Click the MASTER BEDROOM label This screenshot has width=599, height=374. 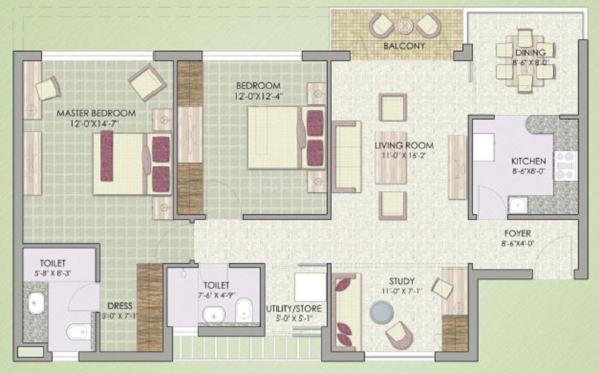(x=96, y=113)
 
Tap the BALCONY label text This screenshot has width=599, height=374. (x=404, y=46)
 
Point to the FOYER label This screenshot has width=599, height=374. (x=518, y=233)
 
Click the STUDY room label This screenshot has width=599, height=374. (x=402, y=282)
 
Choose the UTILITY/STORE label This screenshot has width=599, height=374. (x=294, y=309)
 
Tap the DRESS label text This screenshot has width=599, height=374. (x=120, y=305)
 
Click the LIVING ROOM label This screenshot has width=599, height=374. (x=404, y=146)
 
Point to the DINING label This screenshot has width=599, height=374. (x=530, y=52)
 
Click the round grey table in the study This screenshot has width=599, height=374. (x=381, y=312)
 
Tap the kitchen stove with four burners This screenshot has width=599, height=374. (x=565, y=165)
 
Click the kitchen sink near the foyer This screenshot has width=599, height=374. (x=516, y=206)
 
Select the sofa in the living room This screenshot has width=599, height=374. (x=346, y=157)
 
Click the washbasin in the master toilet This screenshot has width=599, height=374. (x=36, y=303)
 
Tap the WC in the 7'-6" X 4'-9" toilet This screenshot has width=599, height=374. (x=243, y=310)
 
